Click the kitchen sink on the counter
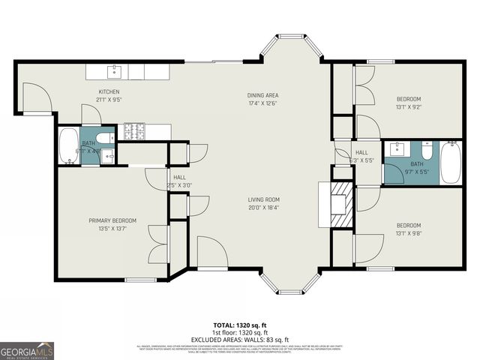click(114, 72)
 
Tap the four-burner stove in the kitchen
click(135, 131)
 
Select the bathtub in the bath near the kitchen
click(67, 145)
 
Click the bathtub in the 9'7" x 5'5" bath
click(451, 162)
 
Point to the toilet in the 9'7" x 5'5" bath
click(426, 149)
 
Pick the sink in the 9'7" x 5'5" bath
click(395, 148)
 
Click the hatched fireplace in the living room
click(341, 203)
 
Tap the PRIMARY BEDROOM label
click(112, 220)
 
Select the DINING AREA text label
click(263, 95)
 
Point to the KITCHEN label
click(109, 91)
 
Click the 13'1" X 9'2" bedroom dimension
click(408, 106)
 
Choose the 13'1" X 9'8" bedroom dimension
click(408, 232)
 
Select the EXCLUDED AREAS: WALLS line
click(241, 339)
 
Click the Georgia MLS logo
click(27, 350)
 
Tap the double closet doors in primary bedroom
click(160, 243)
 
